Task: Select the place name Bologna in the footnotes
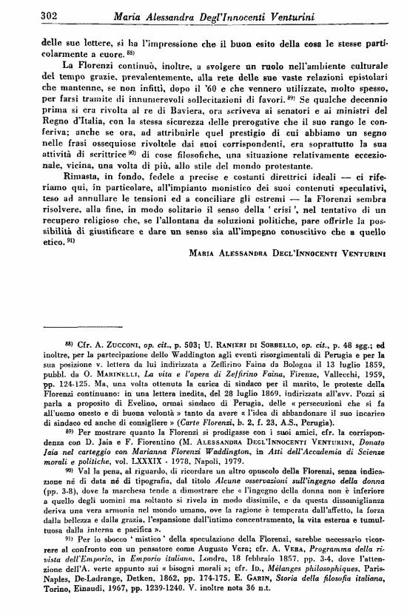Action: pyautogui.click(x=280, y=385)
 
